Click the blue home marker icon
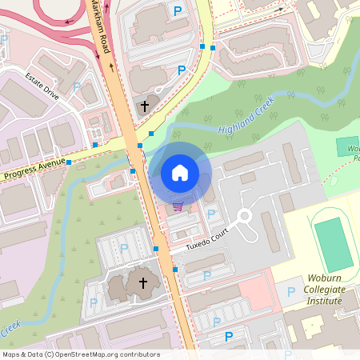180,173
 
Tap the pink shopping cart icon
177,206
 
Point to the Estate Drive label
42,86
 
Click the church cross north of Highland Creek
145,105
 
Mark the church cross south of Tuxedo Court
143,282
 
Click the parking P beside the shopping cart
211,214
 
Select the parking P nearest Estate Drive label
77,86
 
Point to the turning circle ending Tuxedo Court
245,216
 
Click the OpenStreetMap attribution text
81,354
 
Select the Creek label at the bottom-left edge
10,328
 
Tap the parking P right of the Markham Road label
177,10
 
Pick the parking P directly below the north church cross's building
182,70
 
